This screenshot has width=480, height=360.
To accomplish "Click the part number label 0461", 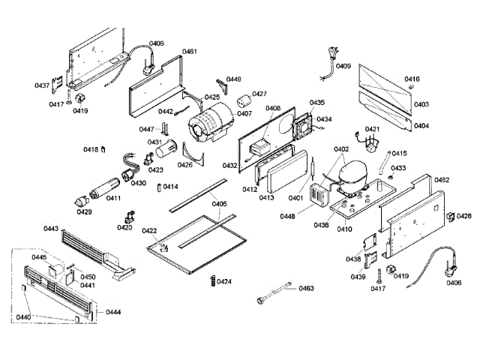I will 189,52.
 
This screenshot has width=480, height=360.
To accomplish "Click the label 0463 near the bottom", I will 306,288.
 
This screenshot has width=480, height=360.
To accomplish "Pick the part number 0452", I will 442,180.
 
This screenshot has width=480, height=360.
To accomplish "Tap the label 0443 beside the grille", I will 51,229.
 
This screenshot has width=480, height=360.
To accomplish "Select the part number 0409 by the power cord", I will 343,67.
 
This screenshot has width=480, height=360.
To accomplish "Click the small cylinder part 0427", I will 243,102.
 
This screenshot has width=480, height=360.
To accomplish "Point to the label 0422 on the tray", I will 149,231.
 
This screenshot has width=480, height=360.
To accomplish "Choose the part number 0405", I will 218,204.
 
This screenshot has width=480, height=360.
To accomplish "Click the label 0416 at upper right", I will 412,79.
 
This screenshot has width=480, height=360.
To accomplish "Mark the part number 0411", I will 113,198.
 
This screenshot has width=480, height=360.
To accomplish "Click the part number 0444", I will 113,311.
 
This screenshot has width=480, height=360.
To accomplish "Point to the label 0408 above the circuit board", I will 272,109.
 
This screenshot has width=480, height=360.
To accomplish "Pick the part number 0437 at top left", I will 43,85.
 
